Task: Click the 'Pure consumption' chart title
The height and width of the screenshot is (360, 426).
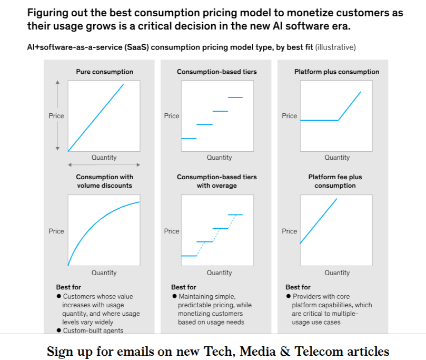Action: point(104,72)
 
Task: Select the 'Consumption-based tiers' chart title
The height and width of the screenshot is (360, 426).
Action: point(217,72)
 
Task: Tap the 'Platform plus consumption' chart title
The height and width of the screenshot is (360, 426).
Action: point(336,72)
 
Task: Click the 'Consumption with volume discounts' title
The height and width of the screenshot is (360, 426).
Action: point(104,181)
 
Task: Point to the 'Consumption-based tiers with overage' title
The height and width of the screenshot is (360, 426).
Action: point(217,181)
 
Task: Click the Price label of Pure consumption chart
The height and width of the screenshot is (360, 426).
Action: point(56,116)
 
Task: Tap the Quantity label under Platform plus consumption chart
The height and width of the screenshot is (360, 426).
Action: point(337,158)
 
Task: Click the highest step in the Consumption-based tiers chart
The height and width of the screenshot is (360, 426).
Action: point(235,98)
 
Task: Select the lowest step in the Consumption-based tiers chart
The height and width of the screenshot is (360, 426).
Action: point(189,139)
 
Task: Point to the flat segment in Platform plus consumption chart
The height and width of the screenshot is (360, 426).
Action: point(319,121)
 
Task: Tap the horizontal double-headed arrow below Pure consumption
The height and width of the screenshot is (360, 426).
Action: point(104,166)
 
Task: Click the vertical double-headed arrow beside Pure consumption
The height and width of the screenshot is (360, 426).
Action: point(58,115)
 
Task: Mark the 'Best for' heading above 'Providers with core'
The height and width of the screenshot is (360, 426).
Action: point(298,287)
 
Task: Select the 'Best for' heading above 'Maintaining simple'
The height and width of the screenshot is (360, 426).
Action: point(184,287)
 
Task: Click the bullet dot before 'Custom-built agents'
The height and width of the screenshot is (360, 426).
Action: point(59,330)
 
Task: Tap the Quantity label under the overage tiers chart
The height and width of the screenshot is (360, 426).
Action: point(220,273)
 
